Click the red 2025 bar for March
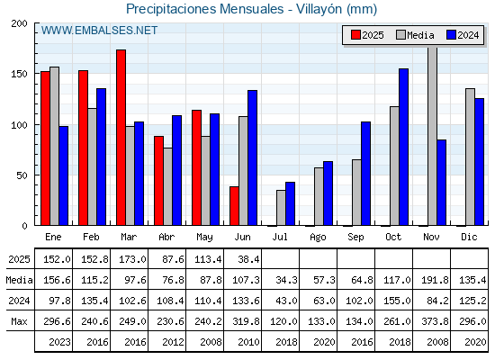tap(121, 138)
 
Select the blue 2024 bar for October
tap(404, 147)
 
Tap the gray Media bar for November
tap(432, 136)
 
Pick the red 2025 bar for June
tap(234, 206)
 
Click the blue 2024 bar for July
tap(290, 203)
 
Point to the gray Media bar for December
tap(470, 157)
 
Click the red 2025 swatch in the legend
tap(355, 35)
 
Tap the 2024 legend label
tap(468, 35)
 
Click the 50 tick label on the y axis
tap(22, 175)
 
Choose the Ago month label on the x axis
tap(318, 238)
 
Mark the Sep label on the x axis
tap(355, 237)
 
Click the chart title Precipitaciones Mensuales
tap(205, 9)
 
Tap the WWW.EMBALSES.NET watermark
tap(99, 31)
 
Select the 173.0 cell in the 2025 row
tap(132, 259)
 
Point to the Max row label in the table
tap(19, 321)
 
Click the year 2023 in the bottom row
tap(59, 342)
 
